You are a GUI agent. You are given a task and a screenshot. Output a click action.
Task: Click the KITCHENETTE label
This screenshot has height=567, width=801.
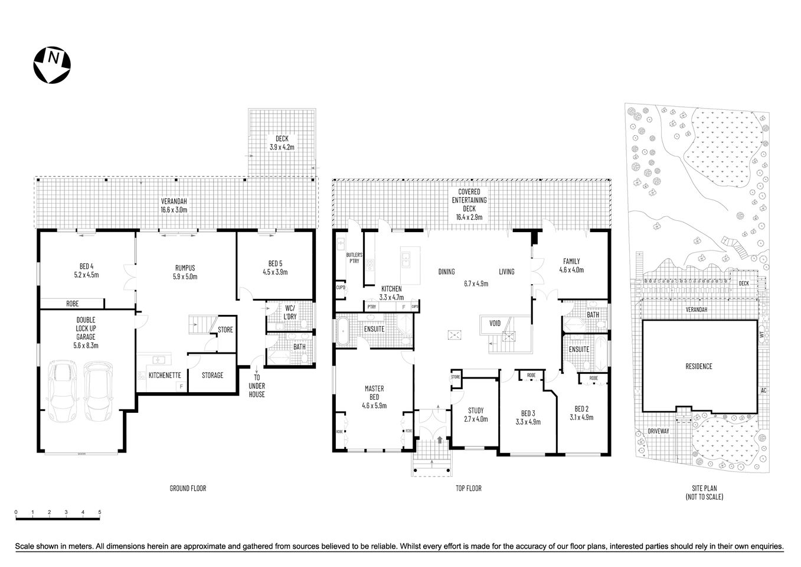point(164,375)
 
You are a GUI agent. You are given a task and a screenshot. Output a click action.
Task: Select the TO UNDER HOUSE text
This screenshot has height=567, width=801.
point(257,386)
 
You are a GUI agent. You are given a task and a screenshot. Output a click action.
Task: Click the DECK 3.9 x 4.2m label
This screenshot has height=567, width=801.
point(282,143)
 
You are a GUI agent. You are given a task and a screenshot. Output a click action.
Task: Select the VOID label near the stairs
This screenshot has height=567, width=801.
point(495,324)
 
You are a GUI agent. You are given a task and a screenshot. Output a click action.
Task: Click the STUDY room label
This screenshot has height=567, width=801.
point(476,415)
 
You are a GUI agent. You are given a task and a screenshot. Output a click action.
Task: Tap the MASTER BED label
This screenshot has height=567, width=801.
point(374,397)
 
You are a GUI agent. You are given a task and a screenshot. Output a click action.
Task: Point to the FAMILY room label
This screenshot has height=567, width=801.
point(571,265)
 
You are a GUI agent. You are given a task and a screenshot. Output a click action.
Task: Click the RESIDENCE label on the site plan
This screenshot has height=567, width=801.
point(699,366)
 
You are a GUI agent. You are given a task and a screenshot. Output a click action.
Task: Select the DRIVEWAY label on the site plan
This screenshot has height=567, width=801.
point(658,431)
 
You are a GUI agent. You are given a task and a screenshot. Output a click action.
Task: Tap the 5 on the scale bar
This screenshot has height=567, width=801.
point(100,512)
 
